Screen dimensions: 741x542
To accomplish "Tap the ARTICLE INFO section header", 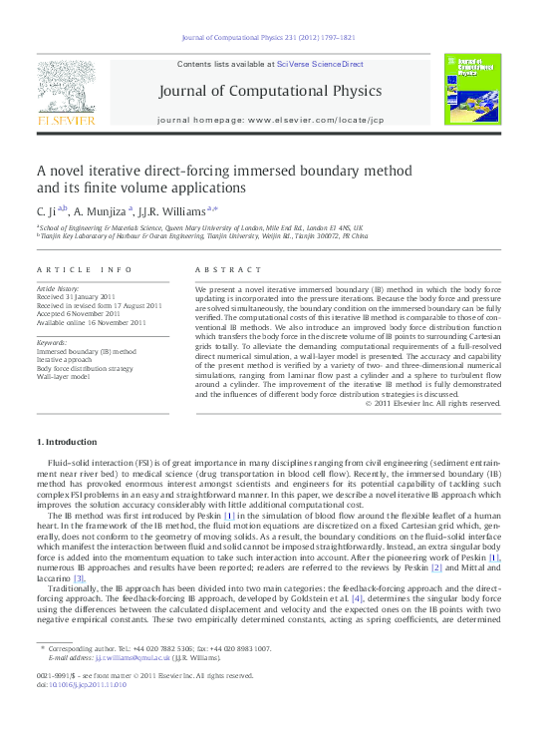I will (84, 270).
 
